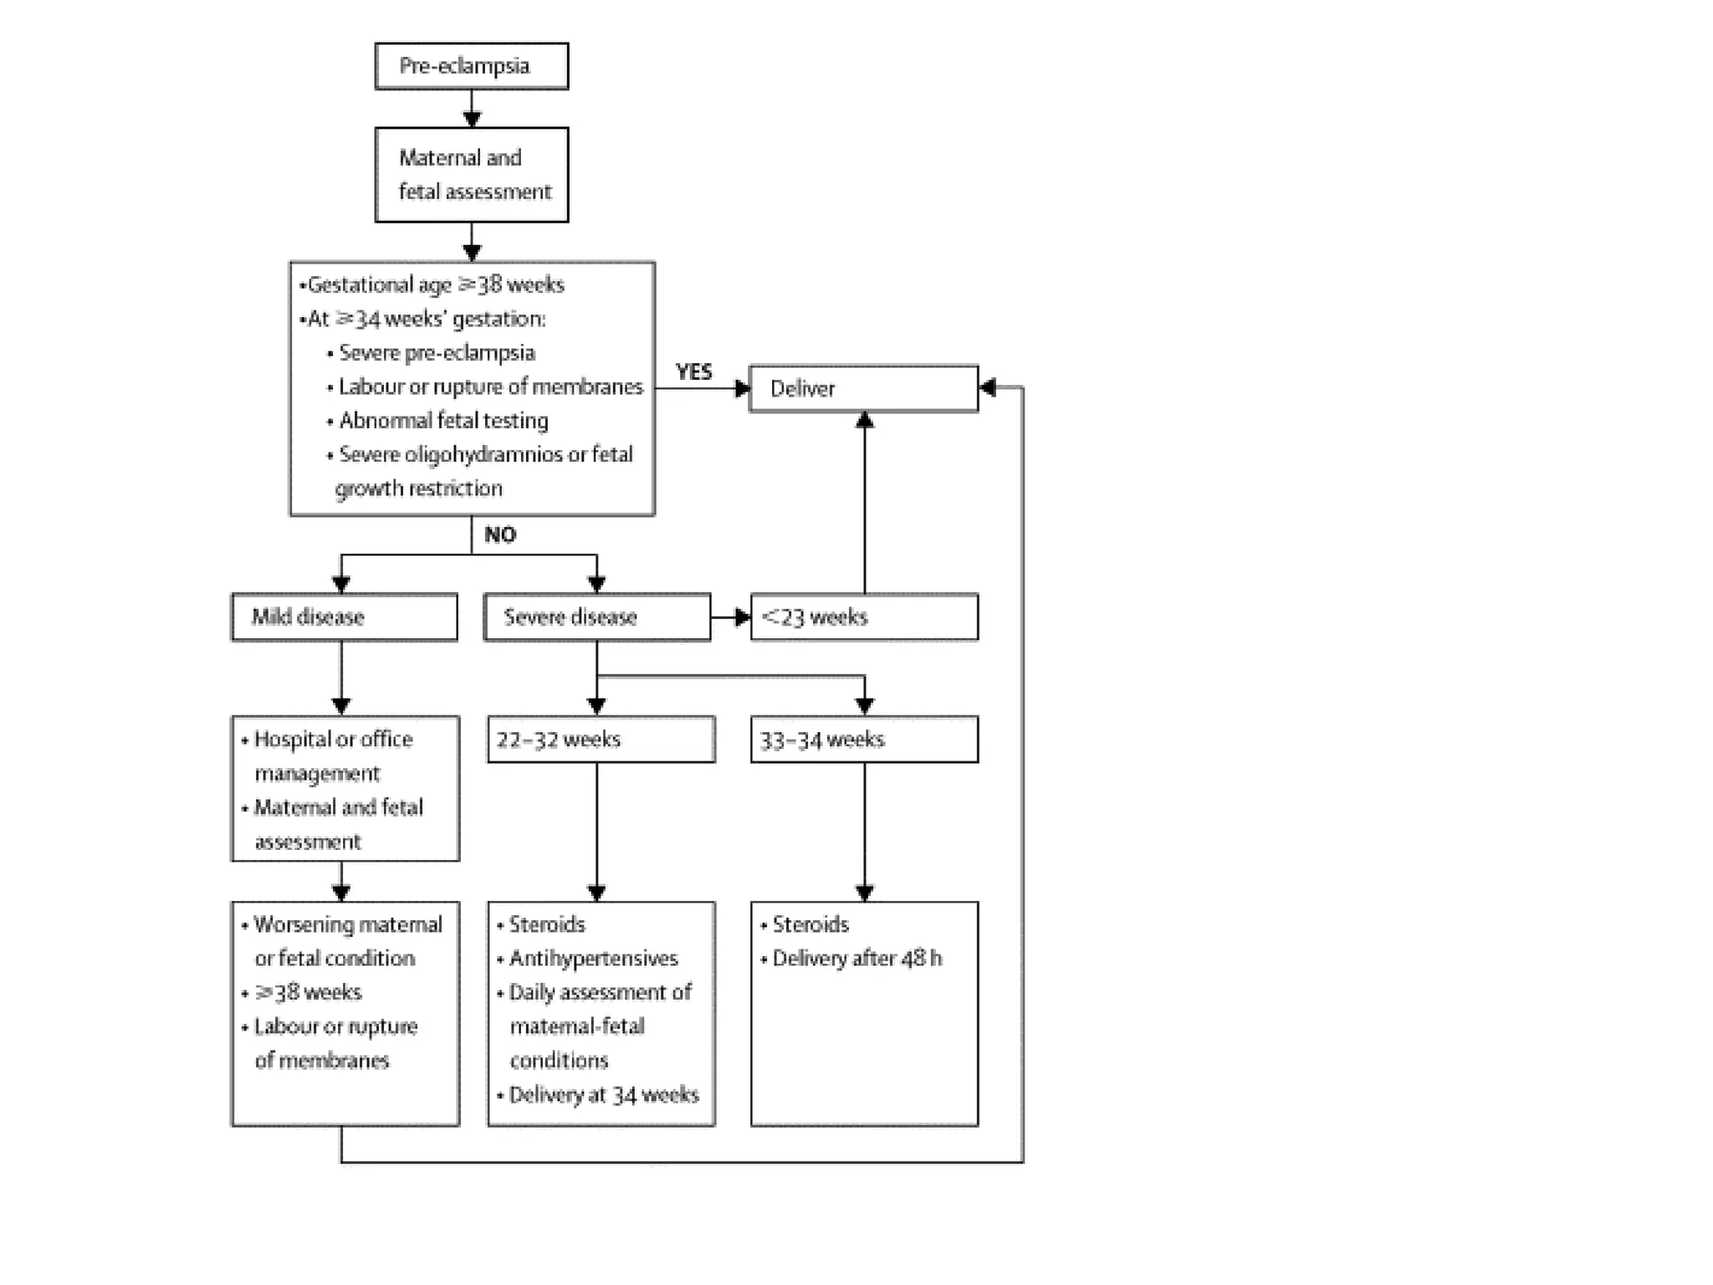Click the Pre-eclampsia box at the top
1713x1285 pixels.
point(471,66)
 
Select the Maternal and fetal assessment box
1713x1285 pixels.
point(471,175)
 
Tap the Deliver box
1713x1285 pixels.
point(863,388)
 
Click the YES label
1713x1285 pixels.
point(693,371)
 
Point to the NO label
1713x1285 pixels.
point(500,535)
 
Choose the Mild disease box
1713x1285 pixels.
point(344,617)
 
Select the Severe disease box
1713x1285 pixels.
point(596,617)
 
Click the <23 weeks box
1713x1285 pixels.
point(863,617)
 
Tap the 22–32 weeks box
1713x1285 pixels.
point(601,740)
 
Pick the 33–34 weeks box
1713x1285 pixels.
point(863,740)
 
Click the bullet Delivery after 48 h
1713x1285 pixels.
point(856,959)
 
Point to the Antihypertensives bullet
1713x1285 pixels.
point(592,959)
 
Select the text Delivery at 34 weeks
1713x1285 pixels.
point(603,1095)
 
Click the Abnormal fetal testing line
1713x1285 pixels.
point(442,421)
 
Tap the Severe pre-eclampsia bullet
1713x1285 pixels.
point(436,353)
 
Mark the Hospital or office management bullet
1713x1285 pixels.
point(332,756)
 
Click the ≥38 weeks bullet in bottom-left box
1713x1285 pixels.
point(307,993)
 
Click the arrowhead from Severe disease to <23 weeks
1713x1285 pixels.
point(742,617)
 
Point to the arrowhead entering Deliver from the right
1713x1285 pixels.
point(988,387)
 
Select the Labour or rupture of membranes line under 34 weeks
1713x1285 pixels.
point(490,387)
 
